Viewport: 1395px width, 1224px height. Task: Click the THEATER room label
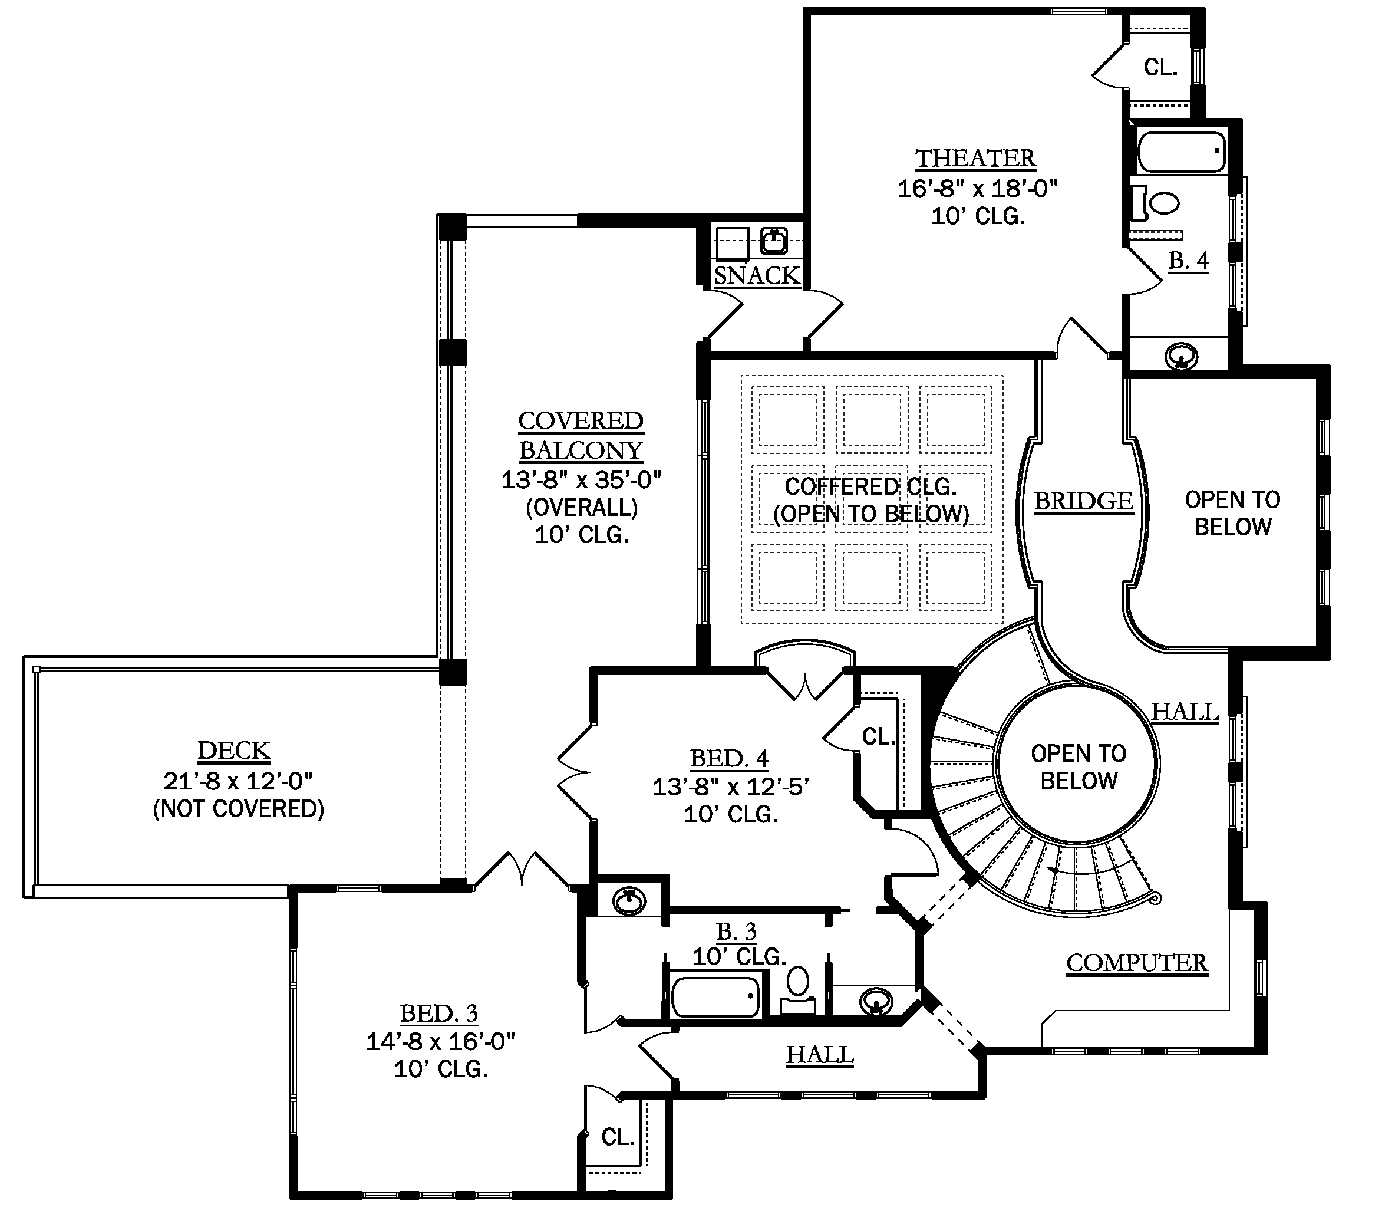click(x=975, y=159)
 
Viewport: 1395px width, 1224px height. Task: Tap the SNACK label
click(x=756, y=276)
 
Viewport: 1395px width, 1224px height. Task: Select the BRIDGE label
click(x=1084, y=501)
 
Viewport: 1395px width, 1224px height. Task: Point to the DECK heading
click(x=234, y=750)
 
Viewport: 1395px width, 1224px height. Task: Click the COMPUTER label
click(x=1137, y=963)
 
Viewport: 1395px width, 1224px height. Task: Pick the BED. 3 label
click(x=439, y=1013)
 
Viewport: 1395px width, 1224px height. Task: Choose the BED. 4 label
click(x=729, y=758)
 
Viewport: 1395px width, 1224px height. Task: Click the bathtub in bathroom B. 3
click(x=715, y=998)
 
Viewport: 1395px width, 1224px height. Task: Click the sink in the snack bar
click(x=774, y=241)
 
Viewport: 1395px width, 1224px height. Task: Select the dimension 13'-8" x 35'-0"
click(x=582, y=480)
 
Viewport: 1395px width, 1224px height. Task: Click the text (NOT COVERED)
click(x=238, y=809)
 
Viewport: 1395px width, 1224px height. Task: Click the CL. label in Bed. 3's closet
click(x=618, y=1137)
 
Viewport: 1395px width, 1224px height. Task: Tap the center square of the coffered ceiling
click(x=872, y=499)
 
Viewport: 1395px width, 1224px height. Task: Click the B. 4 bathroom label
click(x=1188, y=260)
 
